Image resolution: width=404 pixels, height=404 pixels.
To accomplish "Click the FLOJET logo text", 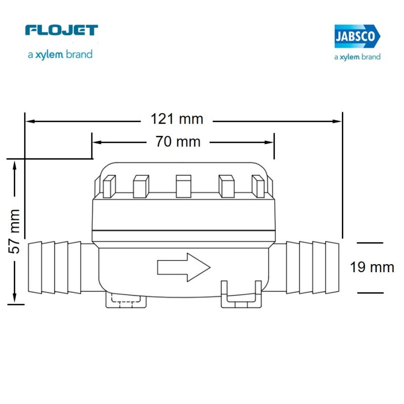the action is pyautogui.click(x=62, y=30).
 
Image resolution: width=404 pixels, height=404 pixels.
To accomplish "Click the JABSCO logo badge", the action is pyautogui.click(x=358, y=36).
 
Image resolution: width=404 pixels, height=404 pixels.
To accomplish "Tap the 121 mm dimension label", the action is pyautogui.click(x=177, y=119).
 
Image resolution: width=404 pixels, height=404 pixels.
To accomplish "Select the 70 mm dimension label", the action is pyautogui.click(x=178, y=141).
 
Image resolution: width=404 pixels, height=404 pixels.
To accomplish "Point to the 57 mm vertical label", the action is pyautogui.click(x=14, y=231).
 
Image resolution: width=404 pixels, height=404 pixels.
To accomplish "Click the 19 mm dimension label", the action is pyautogui.click(x=372, y=267).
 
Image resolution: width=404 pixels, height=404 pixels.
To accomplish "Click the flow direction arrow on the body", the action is pyautogui.click(x=184, y=267).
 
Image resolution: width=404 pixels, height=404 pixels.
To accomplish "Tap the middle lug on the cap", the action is pyautogui.click(x=183, y=186).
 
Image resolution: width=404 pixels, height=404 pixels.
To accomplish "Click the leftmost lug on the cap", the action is pyautogui.click(x=109, y=186).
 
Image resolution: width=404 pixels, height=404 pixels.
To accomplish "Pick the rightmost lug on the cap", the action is pyautogui.click(x=258, y=186).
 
